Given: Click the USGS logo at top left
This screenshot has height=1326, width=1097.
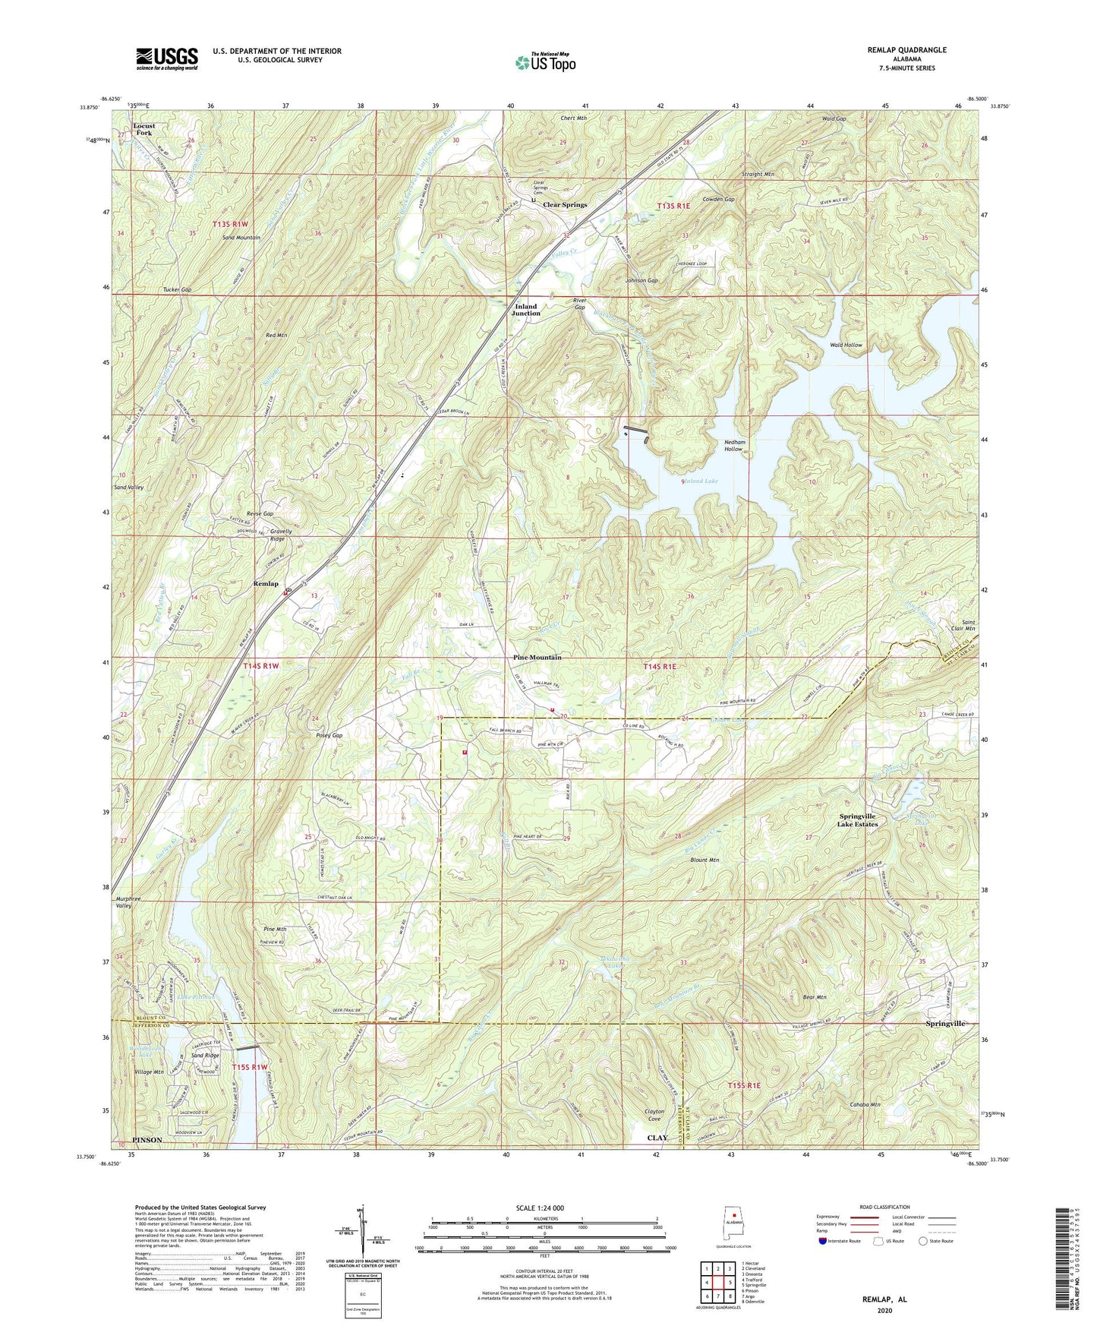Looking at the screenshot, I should pos(167,58).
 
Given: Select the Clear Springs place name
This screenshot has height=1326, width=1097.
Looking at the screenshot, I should pos(564,205).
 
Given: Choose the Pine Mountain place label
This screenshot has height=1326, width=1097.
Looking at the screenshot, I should pos(537,657).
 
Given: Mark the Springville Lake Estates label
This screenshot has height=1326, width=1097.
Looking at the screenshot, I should pos(857,821).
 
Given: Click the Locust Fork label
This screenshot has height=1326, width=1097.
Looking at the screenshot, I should pos(143,129).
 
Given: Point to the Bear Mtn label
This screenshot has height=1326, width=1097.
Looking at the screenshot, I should pos(814,997).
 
